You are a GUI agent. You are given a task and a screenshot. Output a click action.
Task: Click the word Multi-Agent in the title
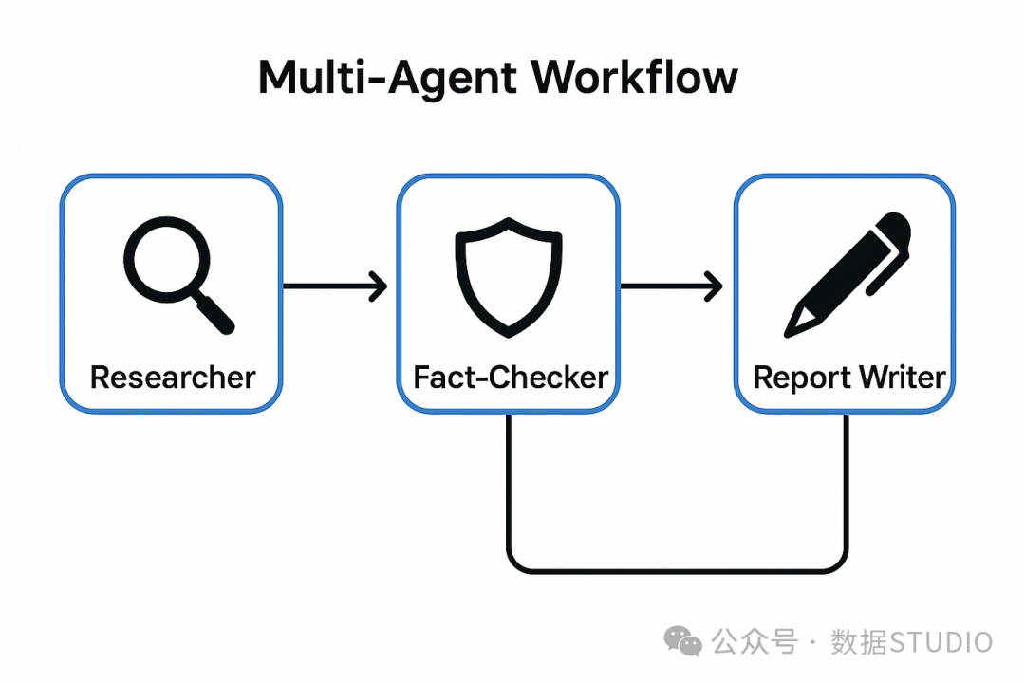[388, 77]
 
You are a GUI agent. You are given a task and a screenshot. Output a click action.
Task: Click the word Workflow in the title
[634, 77]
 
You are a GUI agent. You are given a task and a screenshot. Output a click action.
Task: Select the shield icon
[509, 277]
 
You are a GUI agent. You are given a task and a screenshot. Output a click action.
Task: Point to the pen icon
[848, 274]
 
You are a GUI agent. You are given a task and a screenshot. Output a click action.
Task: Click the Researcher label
[173, 378]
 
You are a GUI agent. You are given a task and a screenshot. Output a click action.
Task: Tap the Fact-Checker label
[511, 378]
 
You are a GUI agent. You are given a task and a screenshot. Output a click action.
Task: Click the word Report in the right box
[802, 378]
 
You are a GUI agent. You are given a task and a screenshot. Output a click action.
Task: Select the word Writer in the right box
[903, 378]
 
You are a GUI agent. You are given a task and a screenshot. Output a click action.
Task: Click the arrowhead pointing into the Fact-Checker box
[379, 286]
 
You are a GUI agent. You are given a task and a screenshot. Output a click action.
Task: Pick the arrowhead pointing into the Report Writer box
[714, 286]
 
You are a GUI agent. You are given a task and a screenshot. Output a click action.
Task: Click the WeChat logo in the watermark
[683, 641]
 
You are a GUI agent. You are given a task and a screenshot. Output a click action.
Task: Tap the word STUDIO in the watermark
[941, 642]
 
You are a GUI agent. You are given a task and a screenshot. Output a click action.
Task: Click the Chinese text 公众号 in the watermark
[755, 642]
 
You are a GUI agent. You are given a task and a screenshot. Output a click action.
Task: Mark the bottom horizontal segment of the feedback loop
[677, 571]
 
